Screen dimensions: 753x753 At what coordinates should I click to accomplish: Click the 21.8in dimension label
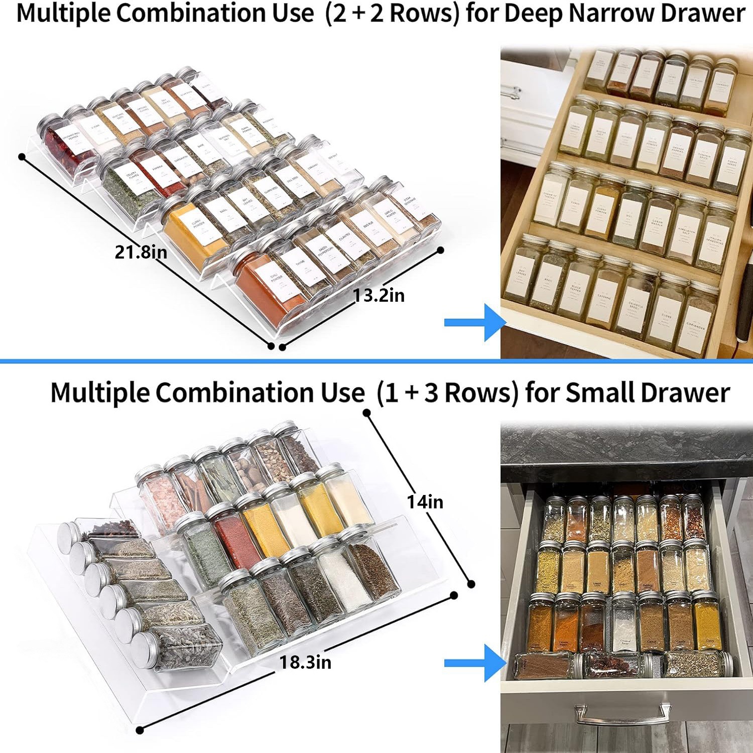[141, 252]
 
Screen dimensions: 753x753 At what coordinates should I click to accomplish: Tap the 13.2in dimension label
[379, 296]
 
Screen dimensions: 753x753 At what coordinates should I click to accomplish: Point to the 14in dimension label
[425, 501]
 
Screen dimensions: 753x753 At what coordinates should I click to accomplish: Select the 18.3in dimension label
[305, 662]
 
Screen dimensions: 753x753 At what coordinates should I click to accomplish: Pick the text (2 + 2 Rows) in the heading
[392, 14]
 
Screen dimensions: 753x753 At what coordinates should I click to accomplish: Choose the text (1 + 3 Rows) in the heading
[447, 393]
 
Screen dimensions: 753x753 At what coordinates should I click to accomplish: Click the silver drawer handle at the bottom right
[623, 713]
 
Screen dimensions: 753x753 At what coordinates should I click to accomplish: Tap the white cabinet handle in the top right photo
[512, 92]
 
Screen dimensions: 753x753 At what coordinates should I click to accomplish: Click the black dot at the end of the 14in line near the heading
[367, 413]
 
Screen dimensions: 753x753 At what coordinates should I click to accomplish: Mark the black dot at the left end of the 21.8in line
[22, 157]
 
